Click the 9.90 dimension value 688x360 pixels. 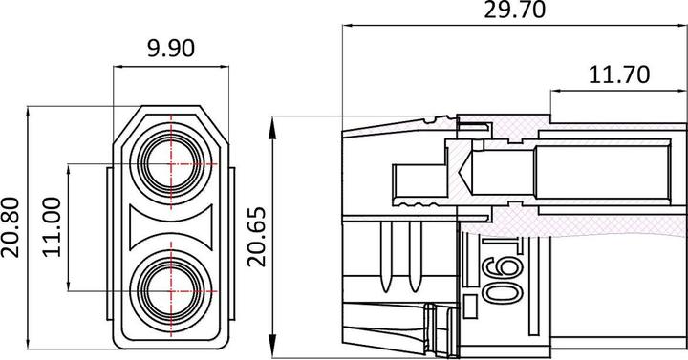click(171, 49)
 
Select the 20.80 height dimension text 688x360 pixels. click(11, 227)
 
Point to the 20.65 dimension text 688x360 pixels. click(257, 237)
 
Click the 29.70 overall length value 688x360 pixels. click(515, 10)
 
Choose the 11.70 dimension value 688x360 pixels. click(618, 74)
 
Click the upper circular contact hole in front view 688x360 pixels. click(171, 164)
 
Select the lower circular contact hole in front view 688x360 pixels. click(171, 291)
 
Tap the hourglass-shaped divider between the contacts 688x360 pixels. click(171, 227)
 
